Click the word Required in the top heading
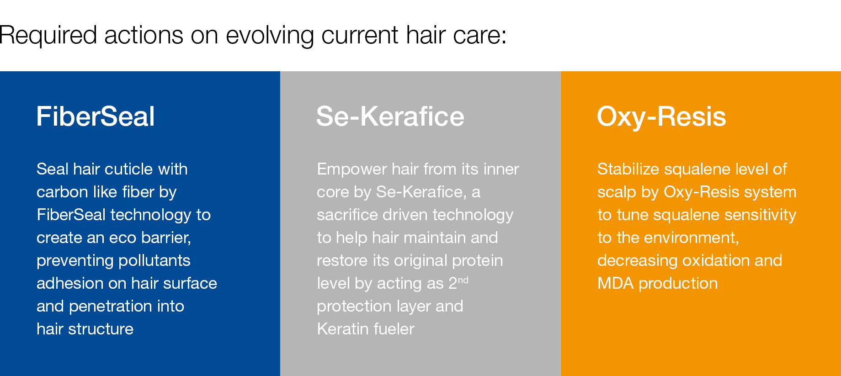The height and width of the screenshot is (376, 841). click(x=48, y=36)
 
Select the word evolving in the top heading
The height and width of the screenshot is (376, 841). click(x=270, y=36)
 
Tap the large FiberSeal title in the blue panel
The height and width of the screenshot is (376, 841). click(x=96, y=116)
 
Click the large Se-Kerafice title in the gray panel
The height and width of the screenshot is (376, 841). click(x=390, y=116)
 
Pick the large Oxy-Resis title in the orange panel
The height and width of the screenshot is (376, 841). click(x=661, y=117)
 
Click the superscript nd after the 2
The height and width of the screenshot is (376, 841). click(x=463, y=280)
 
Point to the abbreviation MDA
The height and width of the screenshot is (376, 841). click(x=616, y=283)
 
